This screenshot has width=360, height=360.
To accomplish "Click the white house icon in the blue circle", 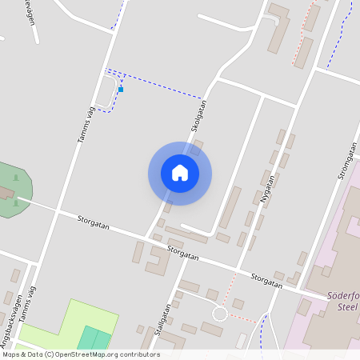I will [x=180, y=173].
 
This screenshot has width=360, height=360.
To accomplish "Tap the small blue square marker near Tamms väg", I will [x=121, y=90].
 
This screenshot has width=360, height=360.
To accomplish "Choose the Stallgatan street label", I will [x=166, y=321].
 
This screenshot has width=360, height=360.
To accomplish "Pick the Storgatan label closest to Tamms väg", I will [x=94, y=223].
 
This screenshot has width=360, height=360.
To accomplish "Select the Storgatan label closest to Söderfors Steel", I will [x=266, y=280].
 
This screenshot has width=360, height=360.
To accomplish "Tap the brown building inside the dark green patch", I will [x=4, y=194].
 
